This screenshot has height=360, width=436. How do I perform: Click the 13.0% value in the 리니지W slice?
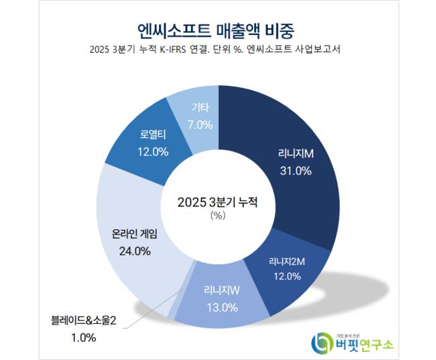pos(221,308)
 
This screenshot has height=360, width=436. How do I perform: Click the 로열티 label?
pos(152,135)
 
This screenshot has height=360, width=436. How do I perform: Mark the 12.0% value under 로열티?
pos(152,151)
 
